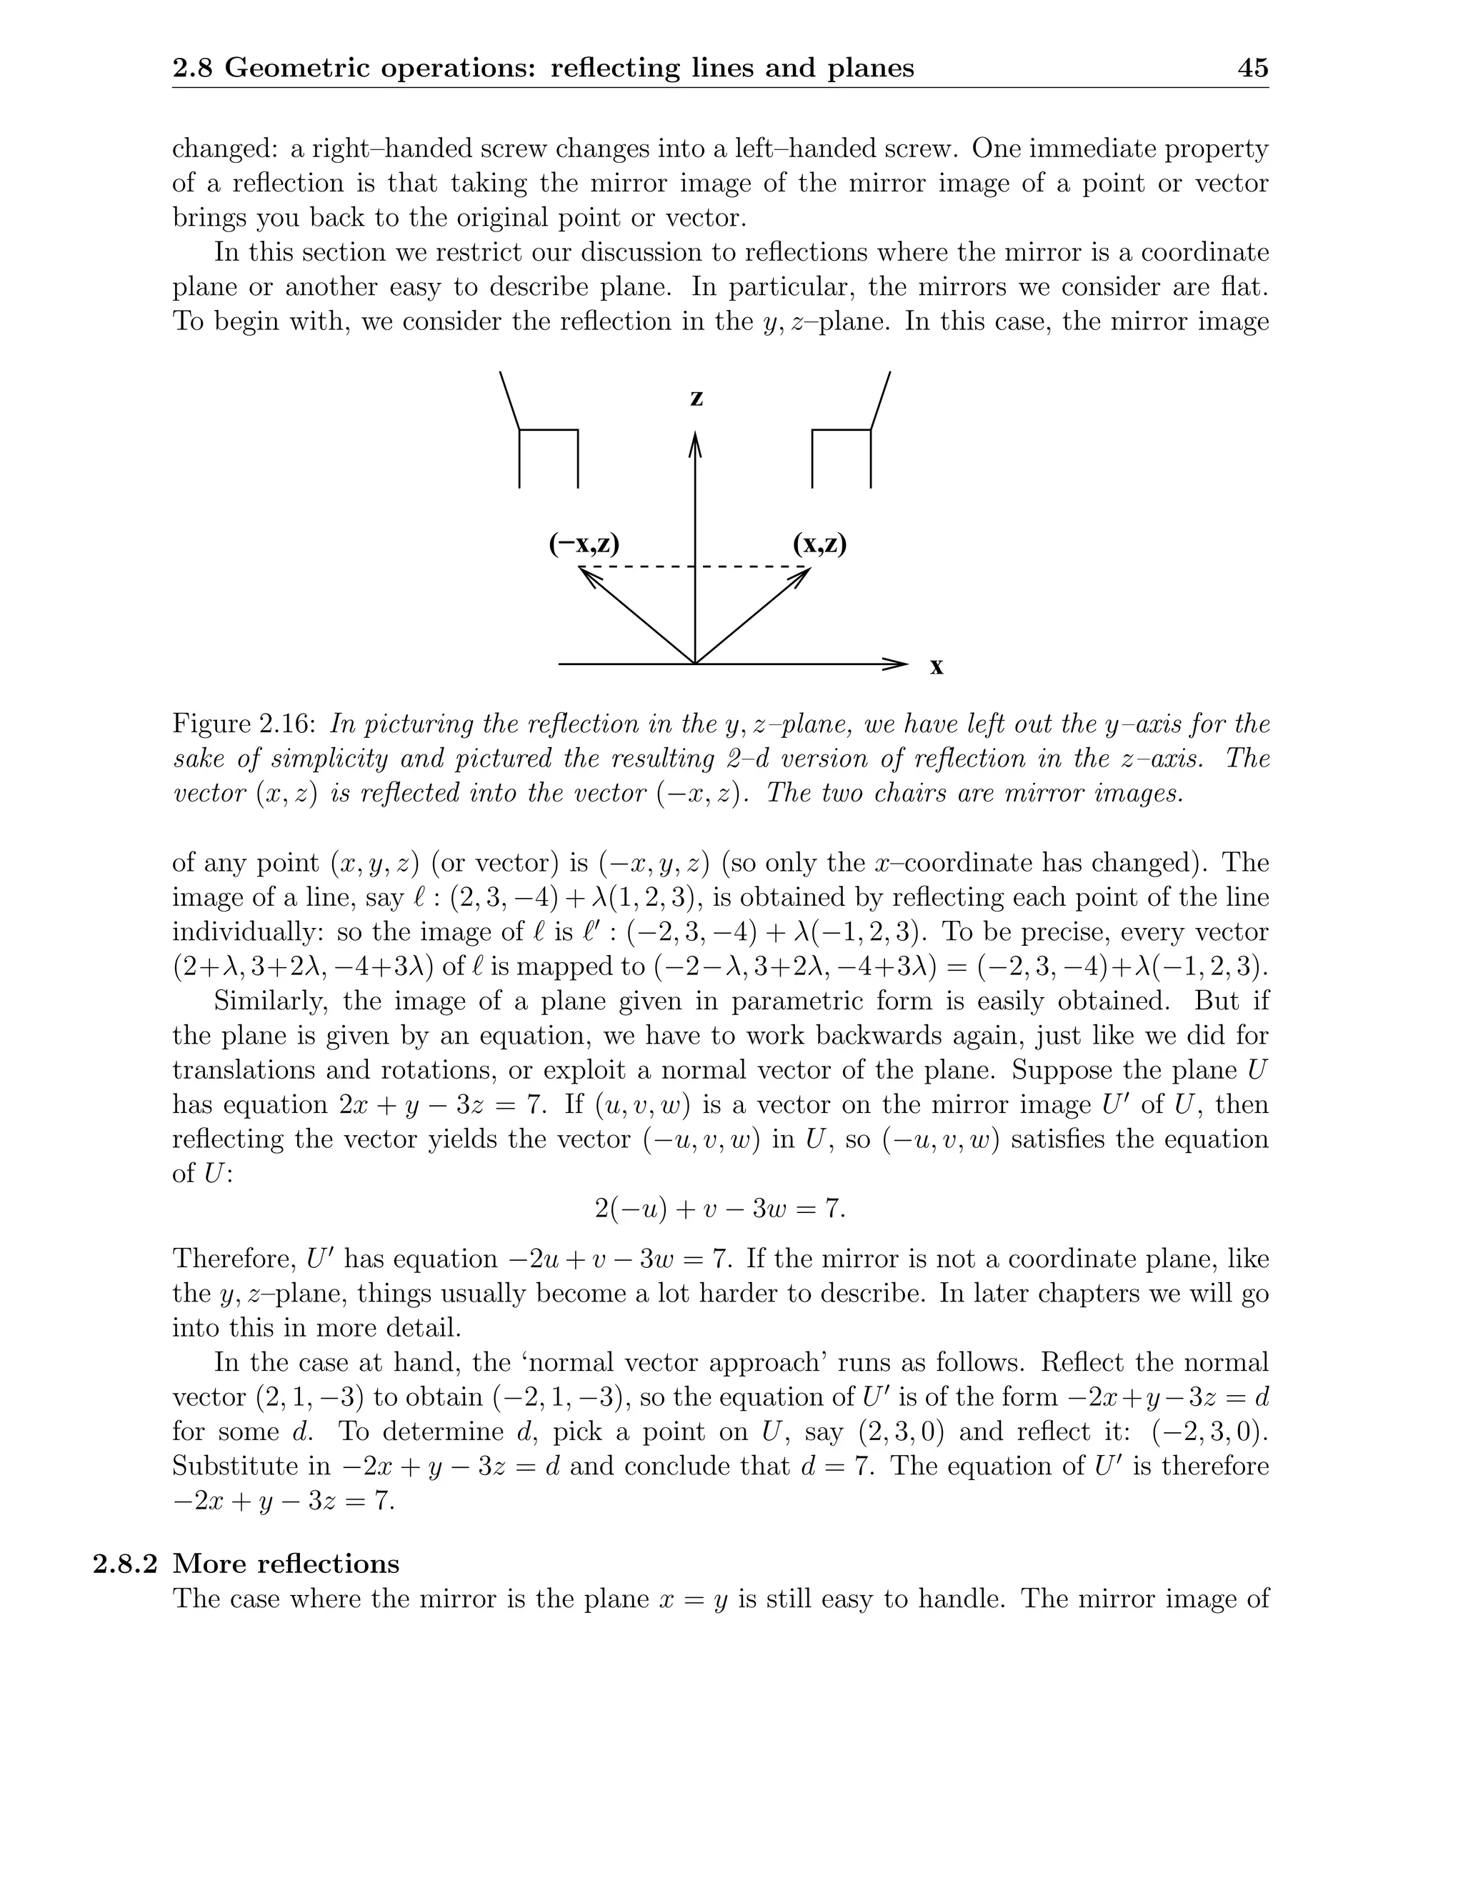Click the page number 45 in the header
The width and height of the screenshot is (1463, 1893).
(1253, 68)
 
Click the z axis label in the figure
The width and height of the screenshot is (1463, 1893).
(696, 398)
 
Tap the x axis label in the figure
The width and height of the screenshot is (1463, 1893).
(936, 666)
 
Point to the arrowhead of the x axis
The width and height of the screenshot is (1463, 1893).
(897, 665)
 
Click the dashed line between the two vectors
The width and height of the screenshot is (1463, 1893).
(694, 568)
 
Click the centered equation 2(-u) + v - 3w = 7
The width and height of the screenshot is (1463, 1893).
(719, 1207)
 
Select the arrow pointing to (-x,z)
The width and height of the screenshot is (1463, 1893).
(637, 616)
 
